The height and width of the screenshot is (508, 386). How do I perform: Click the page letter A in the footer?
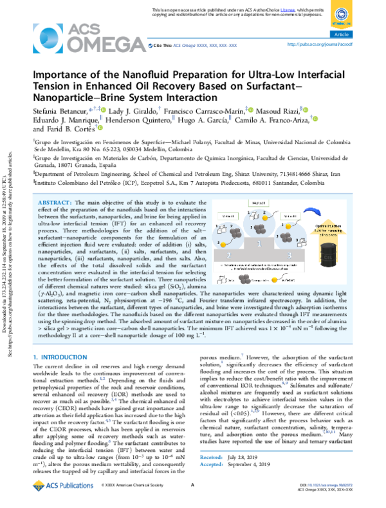click(193, 493)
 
